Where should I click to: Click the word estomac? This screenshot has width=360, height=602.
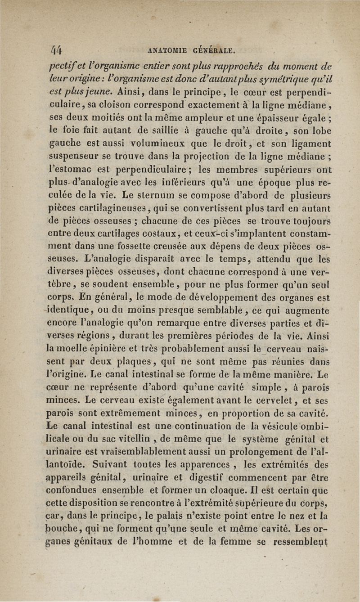72,171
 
